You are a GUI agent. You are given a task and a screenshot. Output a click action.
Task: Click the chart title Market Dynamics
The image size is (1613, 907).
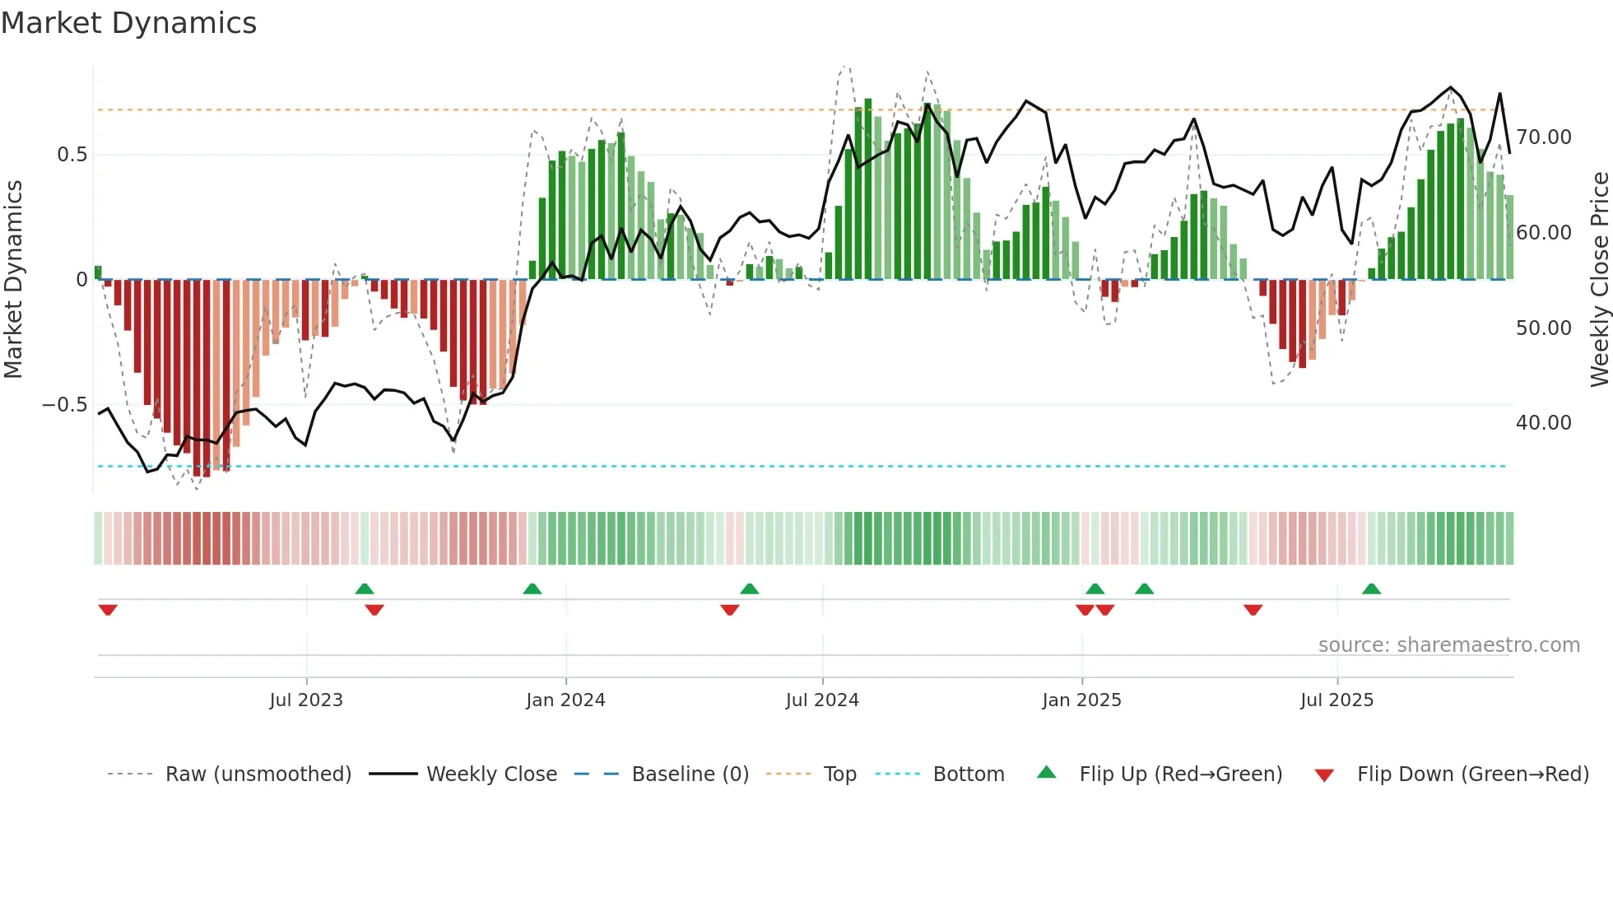[x=128, y=23]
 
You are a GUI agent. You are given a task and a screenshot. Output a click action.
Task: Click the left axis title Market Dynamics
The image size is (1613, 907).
[x=14, y=279]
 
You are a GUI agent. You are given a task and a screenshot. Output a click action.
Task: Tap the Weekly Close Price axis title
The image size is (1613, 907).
[x=1599, y=279]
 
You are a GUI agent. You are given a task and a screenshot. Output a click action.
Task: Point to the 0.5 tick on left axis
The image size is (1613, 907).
[x=72, y=155]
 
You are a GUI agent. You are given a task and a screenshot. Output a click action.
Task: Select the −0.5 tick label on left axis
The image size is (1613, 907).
[x=64, y=405]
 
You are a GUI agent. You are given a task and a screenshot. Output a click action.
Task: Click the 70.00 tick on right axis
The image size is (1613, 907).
[x=1543, y=137]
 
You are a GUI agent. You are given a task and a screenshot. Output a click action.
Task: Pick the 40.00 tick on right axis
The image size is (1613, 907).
[x=1543, y=423]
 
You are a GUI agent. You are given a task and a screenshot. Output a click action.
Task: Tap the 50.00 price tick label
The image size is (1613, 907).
[x=1543, y=328]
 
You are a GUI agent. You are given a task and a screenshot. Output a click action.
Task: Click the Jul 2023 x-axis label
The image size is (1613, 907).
[x=306, y=700]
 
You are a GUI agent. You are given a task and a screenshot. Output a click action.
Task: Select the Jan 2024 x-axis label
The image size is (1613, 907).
[x=565, y=700]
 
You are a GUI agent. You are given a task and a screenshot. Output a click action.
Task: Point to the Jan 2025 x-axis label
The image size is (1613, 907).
[x=1081, y=700]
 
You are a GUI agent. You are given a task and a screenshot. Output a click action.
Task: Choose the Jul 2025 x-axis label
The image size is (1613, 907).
[x=1336, y=700]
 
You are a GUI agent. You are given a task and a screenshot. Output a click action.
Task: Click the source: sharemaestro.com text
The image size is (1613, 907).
[x=1448, y=645]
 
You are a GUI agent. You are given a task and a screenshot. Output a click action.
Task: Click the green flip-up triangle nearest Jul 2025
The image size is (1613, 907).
[x=1371, y=589]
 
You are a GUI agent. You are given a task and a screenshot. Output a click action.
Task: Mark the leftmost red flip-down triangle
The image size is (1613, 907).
[x=108, y=610]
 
